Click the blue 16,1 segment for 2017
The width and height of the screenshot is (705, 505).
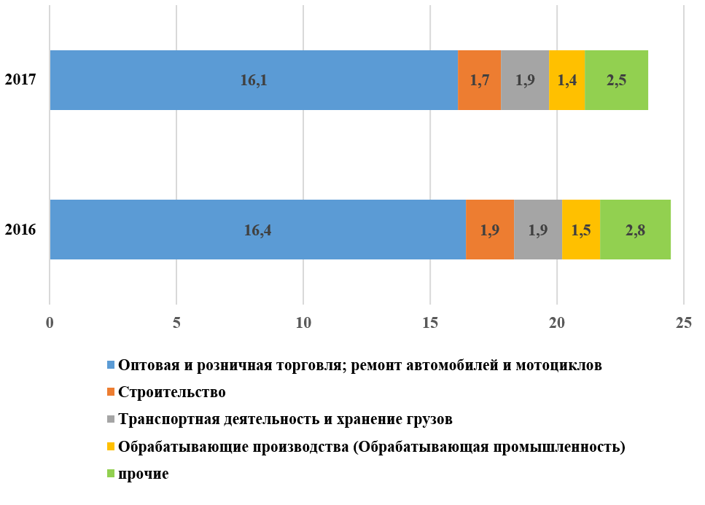[x=254, y=80]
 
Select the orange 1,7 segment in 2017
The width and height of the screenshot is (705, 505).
[x=479, y=80]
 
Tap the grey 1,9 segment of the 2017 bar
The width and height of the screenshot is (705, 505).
[x=525, y=80]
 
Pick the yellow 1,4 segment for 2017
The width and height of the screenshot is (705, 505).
[x=566, y=80]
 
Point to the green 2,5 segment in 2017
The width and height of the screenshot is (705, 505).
[x=616, y=80]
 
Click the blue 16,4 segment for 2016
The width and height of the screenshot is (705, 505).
[x=257, y=230]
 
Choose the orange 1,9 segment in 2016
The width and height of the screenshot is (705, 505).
[x=490, y=230]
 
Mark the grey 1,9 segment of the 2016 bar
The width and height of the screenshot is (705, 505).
[x=538, y=230]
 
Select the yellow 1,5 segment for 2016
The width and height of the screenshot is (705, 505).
[x=581, y=230]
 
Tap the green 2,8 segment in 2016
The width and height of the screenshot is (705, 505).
[x=635, y=230]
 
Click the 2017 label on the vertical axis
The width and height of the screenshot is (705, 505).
[x=21, y=79]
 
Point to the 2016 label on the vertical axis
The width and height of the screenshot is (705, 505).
[x=21, y=230]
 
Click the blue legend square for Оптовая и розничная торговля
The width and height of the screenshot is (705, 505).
[x=111, y=365]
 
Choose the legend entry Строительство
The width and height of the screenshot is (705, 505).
[x=171, y=392]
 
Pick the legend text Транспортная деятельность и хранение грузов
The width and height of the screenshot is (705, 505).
[x=285, y=419]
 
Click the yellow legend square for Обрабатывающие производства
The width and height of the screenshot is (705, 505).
[x=111, y=447]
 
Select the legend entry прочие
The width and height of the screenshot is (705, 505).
[x=143, y=474]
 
